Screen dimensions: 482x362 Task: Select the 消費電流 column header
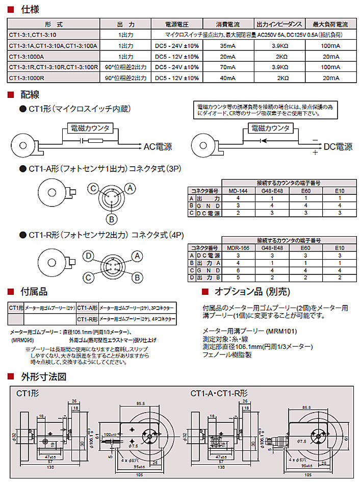tap(228, 24)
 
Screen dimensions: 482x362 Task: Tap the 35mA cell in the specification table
tap(227, 46)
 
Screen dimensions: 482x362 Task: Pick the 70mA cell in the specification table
tap(227, 67)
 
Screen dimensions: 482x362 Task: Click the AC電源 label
tap(158, 147)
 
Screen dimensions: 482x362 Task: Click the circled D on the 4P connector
tap(89, 255)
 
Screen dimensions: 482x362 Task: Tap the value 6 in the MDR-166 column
tap(237, 270)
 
